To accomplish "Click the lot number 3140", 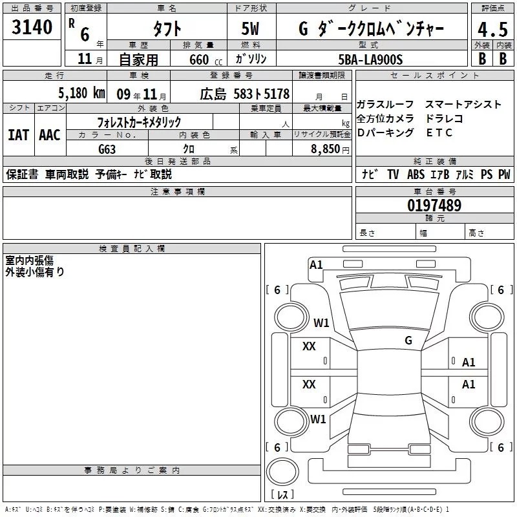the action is [32, 27].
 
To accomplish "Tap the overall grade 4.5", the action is [492, 30].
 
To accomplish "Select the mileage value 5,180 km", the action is [82, 93].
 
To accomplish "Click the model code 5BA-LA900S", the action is [370, 59].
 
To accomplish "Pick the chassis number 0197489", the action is [434, 205].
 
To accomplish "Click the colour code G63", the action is [107, 149].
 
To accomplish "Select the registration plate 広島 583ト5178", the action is [245, 94].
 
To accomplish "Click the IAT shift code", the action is [19, 135].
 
